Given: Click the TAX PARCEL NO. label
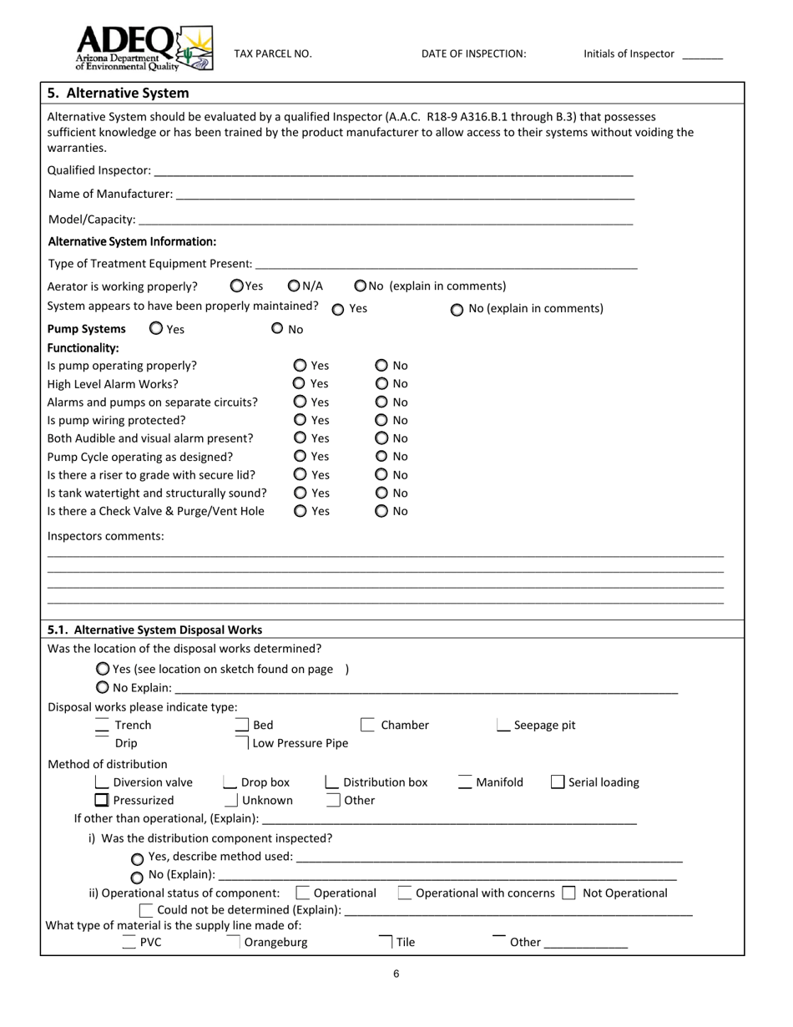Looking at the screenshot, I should tap(273, 54).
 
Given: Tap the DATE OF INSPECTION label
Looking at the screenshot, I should tap(473, 54).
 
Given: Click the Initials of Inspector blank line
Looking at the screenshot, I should tap(702, 56).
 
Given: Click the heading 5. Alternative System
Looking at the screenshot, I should tap(118, 93).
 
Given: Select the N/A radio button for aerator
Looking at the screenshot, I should tap(294, 286).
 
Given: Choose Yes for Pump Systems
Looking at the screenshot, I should tap(156, 329).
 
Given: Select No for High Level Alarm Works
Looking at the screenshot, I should tap(381, 383).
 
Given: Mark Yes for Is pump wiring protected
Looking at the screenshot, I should tap(301, 420).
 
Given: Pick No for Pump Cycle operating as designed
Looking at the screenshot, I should tap(381, 457).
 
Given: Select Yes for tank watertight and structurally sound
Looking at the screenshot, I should tap(301, 493).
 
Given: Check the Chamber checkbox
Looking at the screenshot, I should tap(367, 725).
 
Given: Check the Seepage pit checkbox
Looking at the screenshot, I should tap(503, 725).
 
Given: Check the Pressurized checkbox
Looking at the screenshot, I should tap(102, 800).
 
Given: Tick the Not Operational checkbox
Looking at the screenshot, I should tap(568, 893).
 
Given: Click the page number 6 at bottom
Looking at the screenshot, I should tap(396, 973).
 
